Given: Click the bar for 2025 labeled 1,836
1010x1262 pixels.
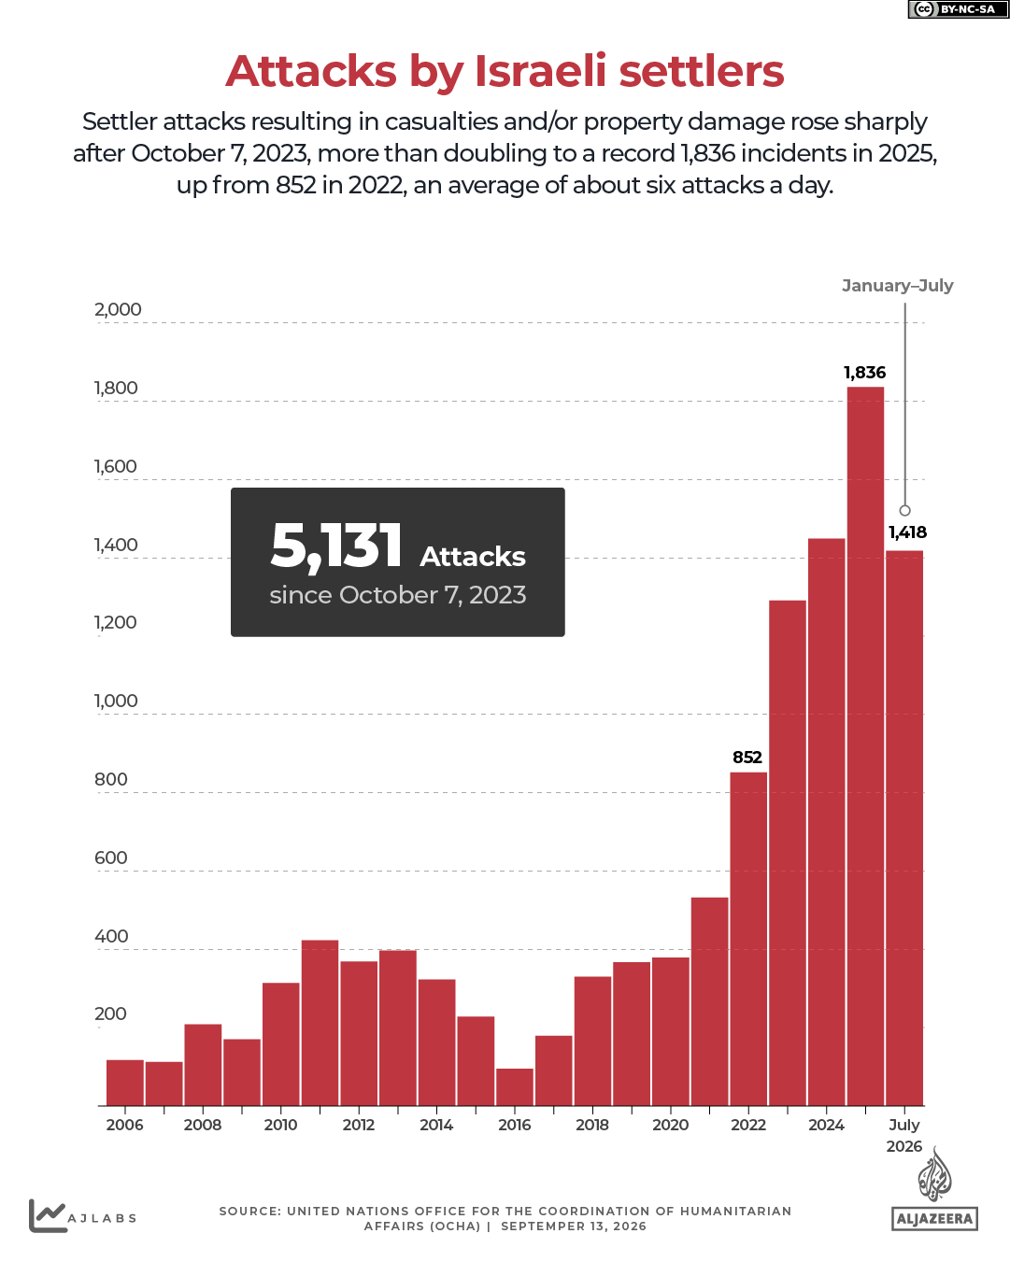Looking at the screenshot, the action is click(864, 745).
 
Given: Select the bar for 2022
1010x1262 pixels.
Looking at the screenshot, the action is click(747, 938).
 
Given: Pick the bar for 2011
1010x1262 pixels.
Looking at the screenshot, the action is click(320, 1022).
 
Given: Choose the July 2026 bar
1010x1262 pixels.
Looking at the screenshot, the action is click(903, 828).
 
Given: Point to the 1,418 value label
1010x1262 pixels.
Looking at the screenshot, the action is click(907, 532).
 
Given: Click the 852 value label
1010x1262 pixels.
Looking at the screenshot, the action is click(747, 757).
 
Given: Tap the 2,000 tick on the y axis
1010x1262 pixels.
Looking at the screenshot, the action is click(118, 309).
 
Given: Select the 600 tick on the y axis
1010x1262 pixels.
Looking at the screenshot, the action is click(110, 858).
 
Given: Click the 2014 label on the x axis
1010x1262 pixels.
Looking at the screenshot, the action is click(435, 1124).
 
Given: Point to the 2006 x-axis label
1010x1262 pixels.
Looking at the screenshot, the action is click(124, 1124).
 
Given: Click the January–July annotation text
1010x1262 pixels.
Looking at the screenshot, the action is click(897, 286).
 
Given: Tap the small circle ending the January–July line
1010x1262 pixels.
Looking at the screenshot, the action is click(904, 510).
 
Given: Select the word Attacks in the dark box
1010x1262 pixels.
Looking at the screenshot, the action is click(472, 557).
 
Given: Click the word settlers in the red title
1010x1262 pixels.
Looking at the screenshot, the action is click(701, 71).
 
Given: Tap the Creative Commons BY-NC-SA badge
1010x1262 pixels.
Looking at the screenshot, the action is click(958, 9).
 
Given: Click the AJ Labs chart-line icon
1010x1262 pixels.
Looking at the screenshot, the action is click(47, 1215).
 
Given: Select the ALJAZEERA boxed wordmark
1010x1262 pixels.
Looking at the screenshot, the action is click(933, 1218).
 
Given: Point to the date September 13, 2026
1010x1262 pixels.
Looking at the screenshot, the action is click(573, 1227).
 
